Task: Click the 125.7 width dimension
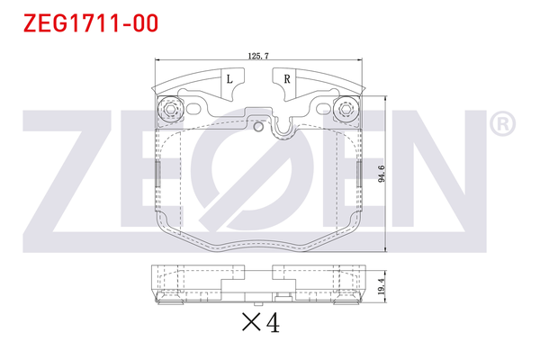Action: point(257,56)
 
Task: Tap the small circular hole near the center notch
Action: point(259,126)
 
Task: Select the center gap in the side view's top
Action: point(257,270)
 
